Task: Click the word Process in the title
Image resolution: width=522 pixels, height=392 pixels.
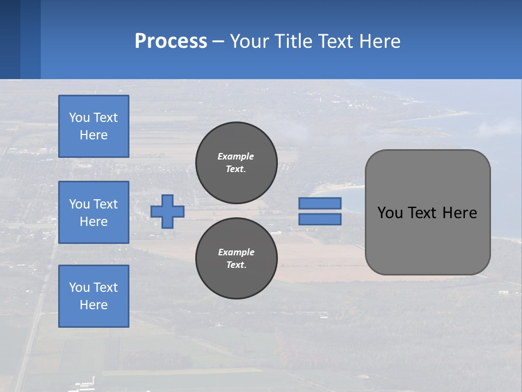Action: point(171,41)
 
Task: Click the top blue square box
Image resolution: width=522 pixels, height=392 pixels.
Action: point(94,126)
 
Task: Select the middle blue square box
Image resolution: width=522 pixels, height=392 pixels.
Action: point(94,212)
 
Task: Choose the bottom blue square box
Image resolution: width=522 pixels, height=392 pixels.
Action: point(94,296)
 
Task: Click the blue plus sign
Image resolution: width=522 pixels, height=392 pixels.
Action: point(167,211)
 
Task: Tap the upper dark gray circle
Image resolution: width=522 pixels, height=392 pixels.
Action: point(237,163)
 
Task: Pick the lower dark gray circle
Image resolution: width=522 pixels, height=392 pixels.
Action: point(237,259)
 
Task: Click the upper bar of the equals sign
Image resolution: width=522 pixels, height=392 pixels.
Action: point(320,203)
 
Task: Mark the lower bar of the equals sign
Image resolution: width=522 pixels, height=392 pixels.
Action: point(320,219)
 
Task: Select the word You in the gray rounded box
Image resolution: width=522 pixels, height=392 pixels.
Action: point(390,213)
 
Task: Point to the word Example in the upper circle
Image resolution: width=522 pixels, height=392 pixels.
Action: point(236,156)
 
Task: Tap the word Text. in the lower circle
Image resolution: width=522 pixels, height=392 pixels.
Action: point(236,265)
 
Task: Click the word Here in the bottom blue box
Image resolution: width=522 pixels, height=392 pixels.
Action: point(94,305)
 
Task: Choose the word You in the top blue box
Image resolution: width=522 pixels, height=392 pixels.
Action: point(79,118)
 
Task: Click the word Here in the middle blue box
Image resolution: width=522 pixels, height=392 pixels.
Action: point(94,222)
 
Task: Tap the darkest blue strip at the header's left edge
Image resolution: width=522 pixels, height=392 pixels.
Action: point(10,39)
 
